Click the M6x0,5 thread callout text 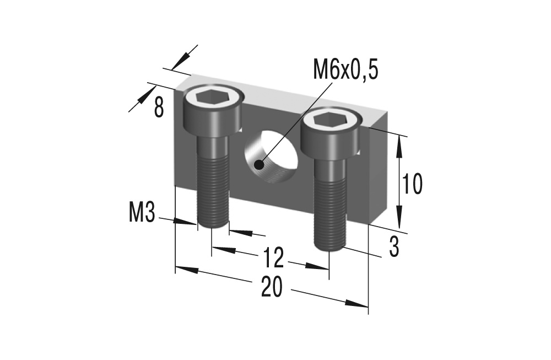click(345, 70)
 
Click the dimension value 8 click(159, 108)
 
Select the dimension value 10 click(412, 184)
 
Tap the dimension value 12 click(273, 257)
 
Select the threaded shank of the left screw click(212, 187)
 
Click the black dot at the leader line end click(259, 164)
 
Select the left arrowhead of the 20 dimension click(185, 270)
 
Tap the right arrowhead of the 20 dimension click(358, 304)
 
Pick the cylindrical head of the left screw click(213, 113)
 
